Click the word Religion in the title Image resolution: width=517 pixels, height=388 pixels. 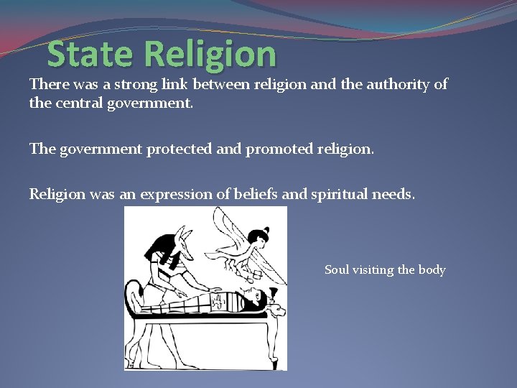tap(210, 54)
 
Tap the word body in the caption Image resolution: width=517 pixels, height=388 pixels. tap(432, 270)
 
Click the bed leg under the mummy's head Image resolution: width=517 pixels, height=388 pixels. tap(265, 341)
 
